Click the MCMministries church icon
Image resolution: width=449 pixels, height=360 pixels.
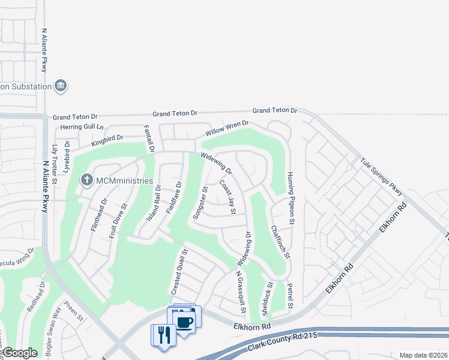click(x=87, y=179)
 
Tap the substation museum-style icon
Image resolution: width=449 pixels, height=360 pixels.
click(x=60, y=86)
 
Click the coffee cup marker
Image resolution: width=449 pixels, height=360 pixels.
click(x=185, y=323)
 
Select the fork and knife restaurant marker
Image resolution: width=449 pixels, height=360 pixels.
click(x=163, y=334)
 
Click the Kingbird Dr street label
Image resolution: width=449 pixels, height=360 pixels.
click(x=107, y=140)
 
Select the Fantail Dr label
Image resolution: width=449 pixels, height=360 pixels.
click(x=149, y=139)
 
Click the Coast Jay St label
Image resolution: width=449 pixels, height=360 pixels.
click(x=227, y=198)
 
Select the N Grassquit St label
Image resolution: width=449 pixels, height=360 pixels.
click(x=240, y=294)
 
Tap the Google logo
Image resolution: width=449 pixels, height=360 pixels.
click(x=20, y=353)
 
